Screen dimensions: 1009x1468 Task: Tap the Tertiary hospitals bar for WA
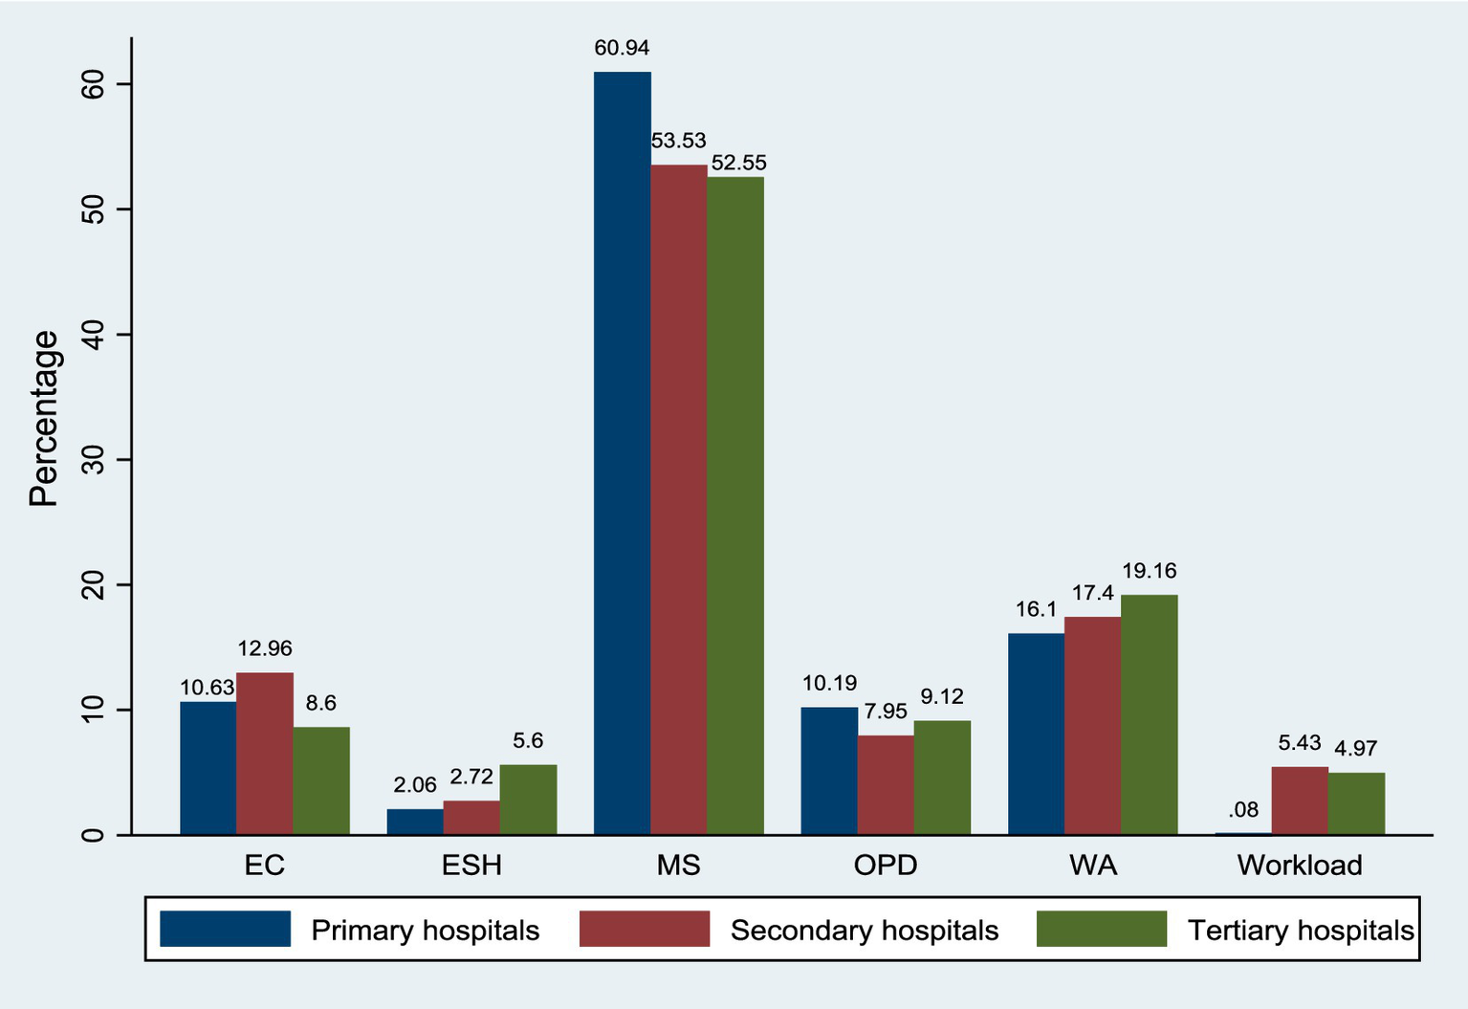[x=1149, y=714]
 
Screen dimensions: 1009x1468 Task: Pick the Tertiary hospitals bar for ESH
[x=528, y=800]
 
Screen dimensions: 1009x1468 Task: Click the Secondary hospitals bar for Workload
[x=1300, y=801]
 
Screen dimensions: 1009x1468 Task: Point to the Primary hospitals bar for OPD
[x=829, y=771]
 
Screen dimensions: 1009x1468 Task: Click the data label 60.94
[x=622, y=48]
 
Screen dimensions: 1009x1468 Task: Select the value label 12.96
[x=265, y=648]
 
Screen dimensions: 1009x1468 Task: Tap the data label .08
[x=1243, y=810]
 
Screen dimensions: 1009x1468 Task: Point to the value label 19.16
[x=1149, y=571]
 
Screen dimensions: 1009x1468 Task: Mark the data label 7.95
[x=886, y=712]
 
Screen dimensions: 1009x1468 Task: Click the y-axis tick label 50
[x=94, y=209]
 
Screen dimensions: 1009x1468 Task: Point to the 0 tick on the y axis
[x=94, y=835]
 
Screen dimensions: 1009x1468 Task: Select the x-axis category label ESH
[x=471, y=866]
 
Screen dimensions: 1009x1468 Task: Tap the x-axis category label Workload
[x=1300, y=866]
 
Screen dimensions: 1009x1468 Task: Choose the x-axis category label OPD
[x=886, y=866]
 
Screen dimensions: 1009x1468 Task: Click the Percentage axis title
[x=43, y=418]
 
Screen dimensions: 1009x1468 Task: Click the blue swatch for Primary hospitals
[x=225, y=929]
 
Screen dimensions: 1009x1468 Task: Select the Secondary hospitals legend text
[x=864, y=931]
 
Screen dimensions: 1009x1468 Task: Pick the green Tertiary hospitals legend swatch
[x=1102, y=929]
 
